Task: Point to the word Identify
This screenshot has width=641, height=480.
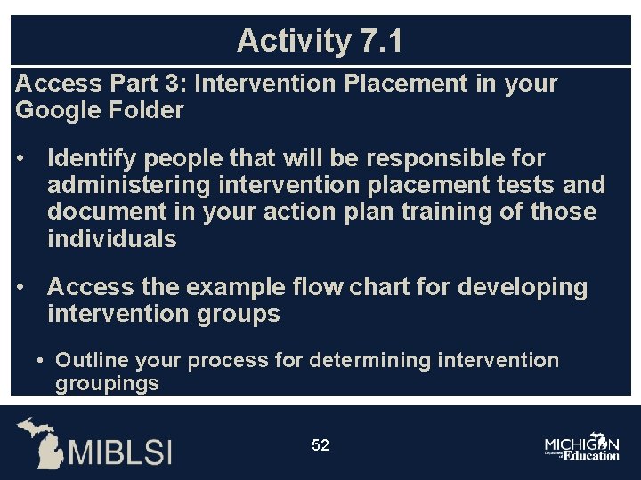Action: [x=92, y=158]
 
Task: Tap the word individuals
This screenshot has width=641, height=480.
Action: [x=112, y=239]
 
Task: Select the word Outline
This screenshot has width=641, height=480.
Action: [x=92, y=360]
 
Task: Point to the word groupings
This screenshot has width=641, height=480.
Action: [x=107, y=384]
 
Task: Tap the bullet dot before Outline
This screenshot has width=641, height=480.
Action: [x=41, y=361]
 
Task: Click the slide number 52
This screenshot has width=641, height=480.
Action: [x=320, y=445]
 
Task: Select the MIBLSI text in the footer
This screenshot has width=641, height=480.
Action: [x=121, y=452]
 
